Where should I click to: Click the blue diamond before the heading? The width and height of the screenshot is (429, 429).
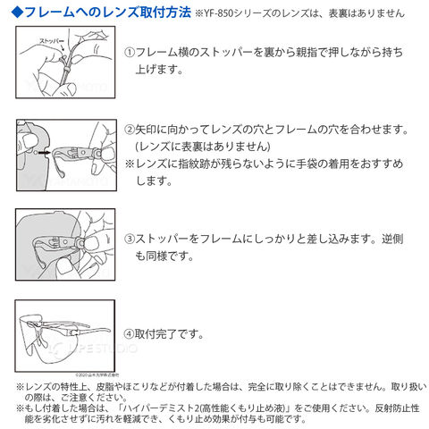(18, 13)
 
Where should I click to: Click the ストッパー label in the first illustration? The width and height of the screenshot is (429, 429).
(52, 41)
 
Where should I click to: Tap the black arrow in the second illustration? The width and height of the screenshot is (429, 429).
(45, 153)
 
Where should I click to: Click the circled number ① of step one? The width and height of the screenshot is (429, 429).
(130, 53)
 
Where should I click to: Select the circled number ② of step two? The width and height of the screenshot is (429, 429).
(130, 130)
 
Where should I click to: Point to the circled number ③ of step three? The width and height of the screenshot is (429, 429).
(130, 239)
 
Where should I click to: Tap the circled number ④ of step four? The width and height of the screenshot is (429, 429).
(129, 334)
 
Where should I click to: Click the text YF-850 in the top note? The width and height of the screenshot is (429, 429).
(219, 13)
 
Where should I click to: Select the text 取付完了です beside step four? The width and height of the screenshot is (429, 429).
(166, 334)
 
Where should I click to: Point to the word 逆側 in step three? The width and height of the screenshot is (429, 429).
(392, 239)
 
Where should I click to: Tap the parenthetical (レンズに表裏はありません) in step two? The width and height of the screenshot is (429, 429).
(203, 147)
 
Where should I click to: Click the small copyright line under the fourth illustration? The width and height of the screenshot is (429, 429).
(97, 375)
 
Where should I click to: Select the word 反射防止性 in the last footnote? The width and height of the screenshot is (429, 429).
(397, 408)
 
